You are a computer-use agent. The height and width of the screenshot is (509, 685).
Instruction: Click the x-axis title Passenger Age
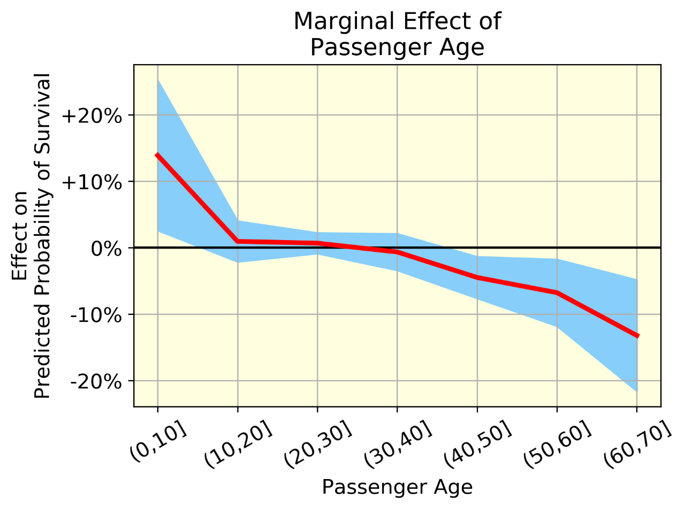pos(397,487)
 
